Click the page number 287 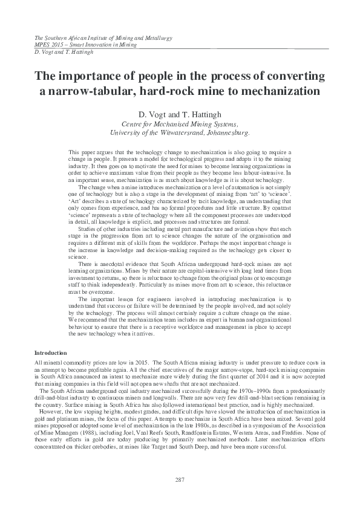click(x=179, y=480)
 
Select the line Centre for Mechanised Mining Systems click(x=180, y=123)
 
